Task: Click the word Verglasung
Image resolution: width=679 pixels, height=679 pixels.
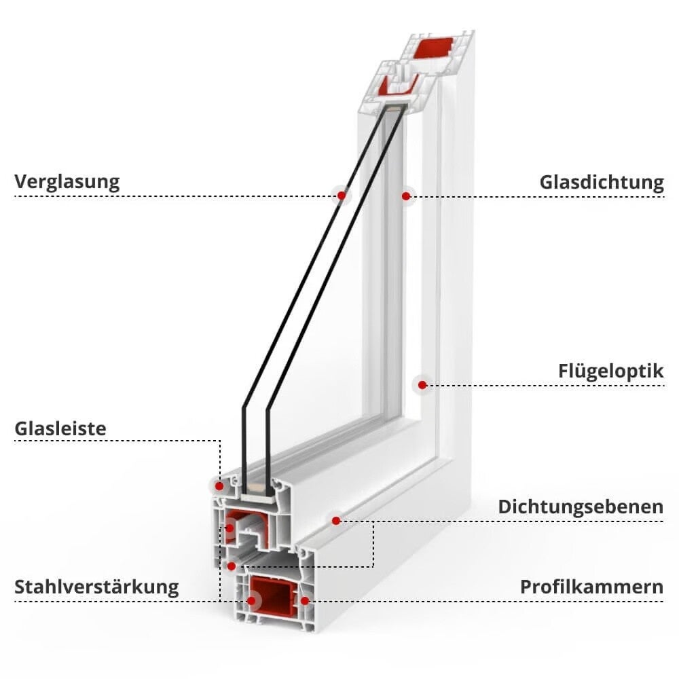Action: pyautogui.click(x=67, y=182)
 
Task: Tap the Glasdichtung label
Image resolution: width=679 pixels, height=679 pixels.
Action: pyautogui.click(x=602, y=182)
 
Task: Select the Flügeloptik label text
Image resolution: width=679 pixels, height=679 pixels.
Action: pyautogui.click(x=610, y=371)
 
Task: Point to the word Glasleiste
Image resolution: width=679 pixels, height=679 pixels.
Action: pyautogui.click(x=60, y=428)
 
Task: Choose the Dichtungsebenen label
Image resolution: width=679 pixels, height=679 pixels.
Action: pyautogui.click(x=581, y=507)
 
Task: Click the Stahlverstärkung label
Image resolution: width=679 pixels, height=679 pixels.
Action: pyautogui.click(x=96, y=587)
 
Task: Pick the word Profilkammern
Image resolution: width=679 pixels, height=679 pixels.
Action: pyautogui.click(x=591, y=587)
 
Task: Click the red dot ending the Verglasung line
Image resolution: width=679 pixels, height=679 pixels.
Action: pyautogui.click(x=342, y=196)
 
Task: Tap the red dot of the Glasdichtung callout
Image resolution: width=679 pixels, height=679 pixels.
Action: pyautogui.click(x=406, y=196)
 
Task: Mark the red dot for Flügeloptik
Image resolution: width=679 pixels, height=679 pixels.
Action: pyautogui.click(x=422, y=385)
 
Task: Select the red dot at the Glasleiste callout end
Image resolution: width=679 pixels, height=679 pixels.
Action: pyautogui.click(x=219, y=486)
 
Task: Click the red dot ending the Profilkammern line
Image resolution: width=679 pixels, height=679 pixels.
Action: pyautogui.click(x=305, y=601)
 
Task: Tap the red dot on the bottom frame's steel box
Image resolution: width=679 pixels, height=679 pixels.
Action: pyautogui.click(x=251, y=601)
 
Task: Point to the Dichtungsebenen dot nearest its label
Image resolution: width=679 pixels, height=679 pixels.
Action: pyautogui.click(x=336, y=521)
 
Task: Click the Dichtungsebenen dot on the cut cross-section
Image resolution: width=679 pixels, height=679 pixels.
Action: pyautogui.click(x=232, y=566)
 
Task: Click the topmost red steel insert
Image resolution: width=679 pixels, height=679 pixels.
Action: pyautogui.click(x=433, y=48)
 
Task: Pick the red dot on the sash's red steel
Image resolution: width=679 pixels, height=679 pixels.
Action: pyautogui.click(x=230, y=528)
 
